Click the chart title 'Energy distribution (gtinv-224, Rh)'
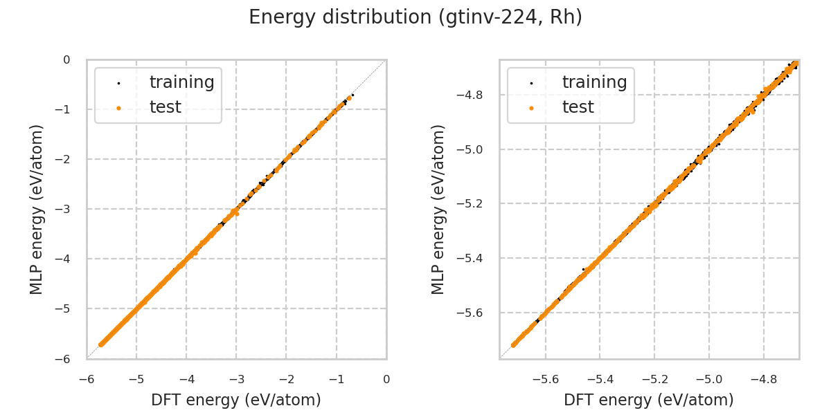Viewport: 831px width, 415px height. pyautogui.click(x=415, y=17)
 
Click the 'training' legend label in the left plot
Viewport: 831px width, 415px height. pyautogui.click(x=181, y=82)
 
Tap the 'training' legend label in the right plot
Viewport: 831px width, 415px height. pyautogui.click(x=594, y=82)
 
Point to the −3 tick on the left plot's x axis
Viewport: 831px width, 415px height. pyautogui.click(x=236, y=380)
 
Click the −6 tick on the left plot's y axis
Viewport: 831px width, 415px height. pyautogui.click(x=66, y=359)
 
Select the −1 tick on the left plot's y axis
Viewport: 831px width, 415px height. pyautogui.click(x=66, y=109)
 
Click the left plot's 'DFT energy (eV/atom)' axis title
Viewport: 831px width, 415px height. pyautogui.click(x=236, y=400)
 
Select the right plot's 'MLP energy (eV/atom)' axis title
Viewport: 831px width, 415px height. pyautogui.click(x=438, y=209)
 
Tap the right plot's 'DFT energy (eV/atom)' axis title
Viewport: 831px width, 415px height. pyautogui.click(x=649, y=400)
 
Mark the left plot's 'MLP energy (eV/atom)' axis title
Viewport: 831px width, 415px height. pyautogui.click(x=37, y=209)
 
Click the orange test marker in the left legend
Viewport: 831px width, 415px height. pyautogui.click(x=118, y=108)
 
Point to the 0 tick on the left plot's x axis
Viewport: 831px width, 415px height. pyautogui.click(x=386, y=380)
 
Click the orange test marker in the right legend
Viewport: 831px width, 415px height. pyautogui.click(x=531, y=108)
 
